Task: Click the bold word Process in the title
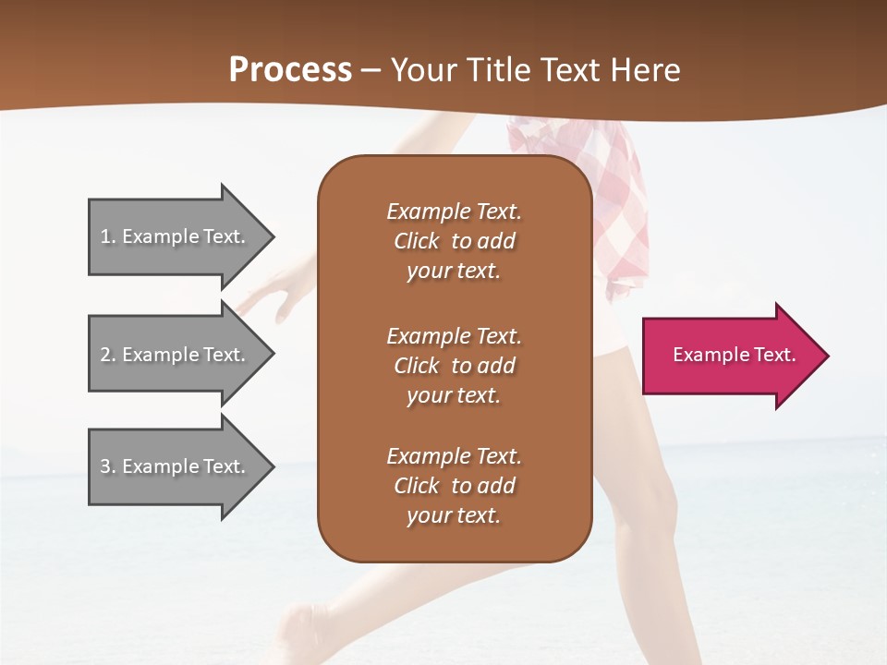point(290,70)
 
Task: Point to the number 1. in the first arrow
point(108,236)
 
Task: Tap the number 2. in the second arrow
point(108,355)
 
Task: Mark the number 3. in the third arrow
point(108,466)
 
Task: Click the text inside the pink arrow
point(735,355)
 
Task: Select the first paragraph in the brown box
point(454,241)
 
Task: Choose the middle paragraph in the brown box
point(454,366)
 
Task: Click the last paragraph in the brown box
point(454,486)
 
